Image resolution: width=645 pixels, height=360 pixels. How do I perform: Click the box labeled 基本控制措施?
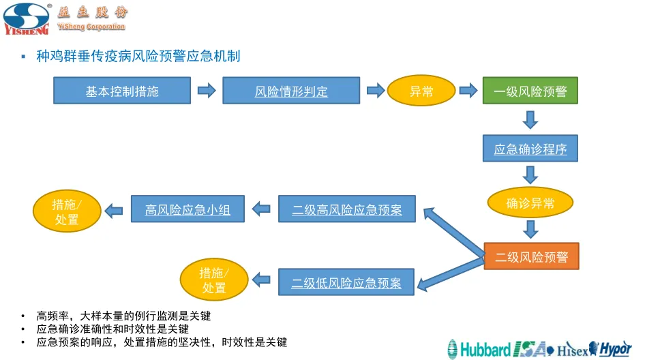[121, 91]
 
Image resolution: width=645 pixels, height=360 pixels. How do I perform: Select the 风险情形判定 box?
[291, 91]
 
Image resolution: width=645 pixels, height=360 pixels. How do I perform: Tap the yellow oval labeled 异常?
[421, 91]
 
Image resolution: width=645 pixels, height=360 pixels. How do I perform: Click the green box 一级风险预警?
[530, 91]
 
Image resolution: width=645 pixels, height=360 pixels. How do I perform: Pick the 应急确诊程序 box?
[530, 149]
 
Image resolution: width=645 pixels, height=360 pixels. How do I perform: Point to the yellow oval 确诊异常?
[530, 202]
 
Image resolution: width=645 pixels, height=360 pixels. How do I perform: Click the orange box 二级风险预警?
[531, 256]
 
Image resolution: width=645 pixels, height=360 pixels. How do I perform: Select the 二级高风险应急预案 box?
[346, 209]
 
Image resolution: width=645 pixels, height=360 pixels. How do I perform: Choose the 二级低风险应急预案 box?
[346, 282]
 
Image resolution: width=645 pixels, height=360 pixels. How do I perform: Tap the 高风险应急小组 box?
[187, 209]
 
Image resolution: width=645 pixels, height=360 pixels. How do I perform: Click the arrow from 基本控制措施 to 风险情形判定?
[206, 91]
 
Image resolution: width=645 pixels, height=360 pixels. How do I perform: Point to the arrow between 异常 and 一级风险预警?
[468, 91]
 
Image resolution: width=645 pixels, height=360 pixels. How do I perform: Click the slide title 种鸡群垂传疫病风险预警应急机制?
[138, 56]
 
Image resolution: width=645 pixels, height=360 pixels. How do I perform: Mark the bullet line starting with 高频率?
[123, 316]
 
